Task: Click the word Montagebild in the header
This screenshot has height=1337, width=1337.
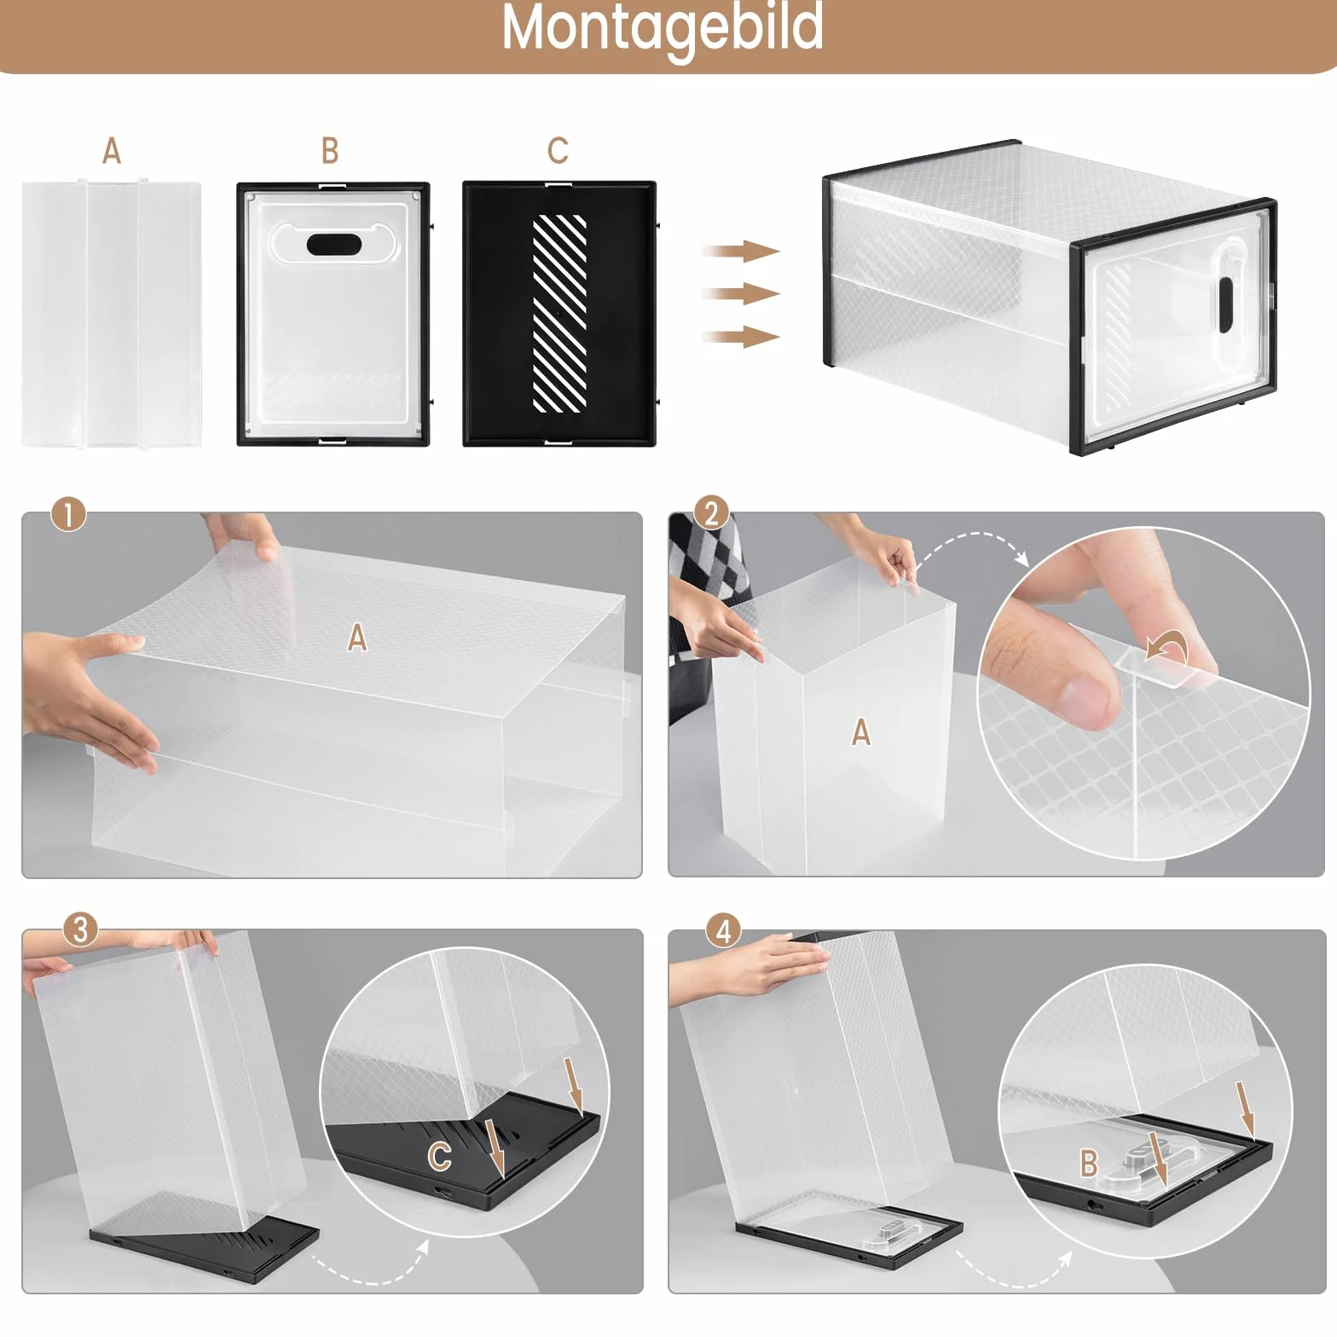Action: pos(663,27)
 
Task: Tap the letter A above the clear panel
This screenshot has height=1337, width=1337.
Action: pos(112,151)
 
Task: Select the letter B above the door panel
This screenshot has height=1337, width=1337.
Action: pos(330,151)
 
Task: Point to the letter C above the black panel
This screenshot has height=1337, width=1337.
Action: pos(558,151)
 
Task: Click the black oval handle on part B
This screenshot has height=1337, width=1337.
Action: pos(333,245)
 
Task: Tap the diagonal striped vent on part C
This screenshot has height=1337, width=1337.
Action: pos(559,313)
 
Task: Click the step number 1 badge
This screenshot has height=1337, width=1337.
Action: pos(69,514)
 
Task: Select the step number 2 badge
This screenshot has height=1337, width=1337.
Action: pos(712,513)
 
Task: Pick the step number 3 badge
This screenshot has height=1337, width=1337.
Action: pos(80,929)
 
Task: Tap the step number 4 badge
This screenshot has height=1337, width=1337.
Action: pos(724,929)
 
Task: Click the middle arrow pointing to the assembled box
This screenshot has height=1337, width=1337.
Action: pos(740,294)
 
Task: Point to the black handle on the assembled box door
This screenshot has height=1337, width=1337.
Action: pos(1226,304)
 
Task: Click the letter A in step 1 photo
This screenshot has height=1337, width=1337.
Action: pos(357,637)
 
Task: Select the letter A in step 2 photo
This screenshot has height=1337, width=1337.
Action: pos(861,732)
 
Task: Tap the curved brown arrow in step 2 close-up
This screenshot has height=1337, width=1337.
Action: pos(1166,647)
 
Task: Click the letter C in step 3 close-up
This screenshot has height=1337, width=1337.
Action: pos(440,1157)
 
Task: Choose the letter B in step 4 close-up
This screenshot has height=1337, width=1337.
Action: pos(1089,1163)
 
